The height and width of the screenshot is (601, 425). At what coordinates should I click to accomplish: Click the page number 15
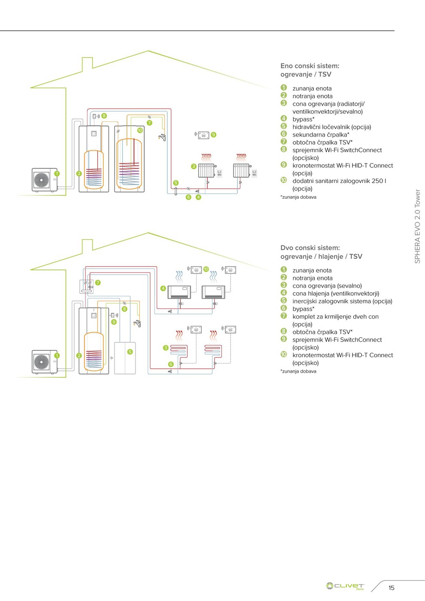tap(391, 588)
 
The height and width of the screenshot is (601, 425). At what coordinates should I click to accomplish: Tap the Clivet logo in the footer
tap(345, 586)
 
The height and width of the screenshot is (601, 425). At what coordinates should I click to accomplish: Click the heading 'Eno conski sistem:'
tap(310, 66)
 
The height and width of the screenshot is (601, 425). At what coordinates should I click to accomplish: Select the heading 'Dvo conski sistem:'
tap(310, 248)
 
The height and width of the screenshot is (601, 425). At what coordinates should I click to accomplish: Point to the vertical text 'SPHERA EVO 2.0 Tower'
tap(417, 226)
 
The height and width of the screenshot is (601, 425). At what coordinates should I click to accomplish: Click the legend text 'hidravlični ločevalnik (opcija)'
tap(331, 127)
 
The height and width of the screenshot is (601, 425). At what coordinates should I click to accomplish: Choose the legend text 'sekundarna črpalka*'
tap(321, 135)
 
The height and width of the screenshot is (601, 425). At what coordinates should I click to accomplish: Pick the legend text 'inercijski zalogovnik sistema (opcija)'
tap(342, 301)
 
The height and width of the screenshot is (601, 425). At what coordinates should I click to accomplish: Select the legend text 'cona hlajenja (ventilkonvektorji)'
tap(336, 294)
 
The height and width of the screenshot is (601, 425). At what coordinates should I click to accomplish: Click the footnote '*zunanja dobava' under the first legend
tap(299, 197)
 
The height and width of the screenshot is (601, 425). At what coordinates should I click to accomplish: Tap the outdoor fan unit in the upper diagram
tap(44, 179)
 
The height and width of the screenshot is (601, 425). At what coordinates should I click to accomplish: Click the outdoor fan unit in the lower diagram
tap(44, 361)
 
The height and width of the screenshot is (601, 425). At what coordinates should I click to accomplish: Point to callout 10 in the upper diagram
tap(140, 130)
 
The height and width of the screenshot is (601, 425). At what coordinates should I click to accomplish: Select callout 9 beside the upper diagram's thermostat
tap(213, 135)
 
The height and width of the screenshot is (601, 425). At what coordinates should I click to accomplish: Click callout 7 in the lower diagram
tap(98, 282)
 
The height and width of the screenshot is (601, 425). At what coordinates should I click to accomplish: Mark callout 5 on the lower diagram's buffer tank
tap(130, 352)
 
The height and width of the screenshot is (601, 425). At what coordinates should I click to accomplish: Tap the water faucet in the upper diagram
tap(162, 137)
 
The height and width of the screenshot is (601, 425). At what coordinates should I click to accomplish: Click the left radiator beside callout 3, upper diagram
tap(206, 170)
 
